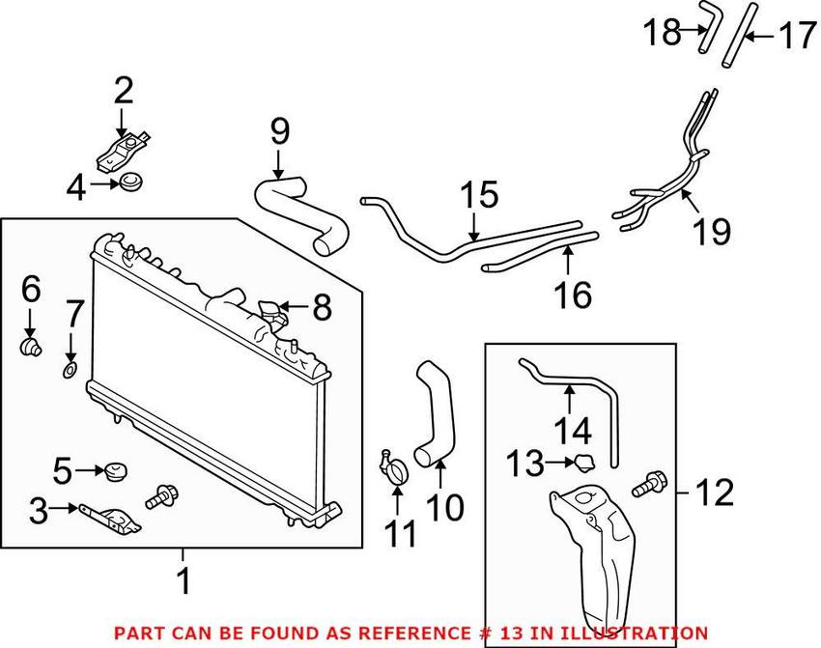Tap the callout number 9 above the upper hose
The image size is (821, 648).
[x=279, y=130]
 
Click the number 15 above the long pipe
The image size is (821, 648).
[x=478, y=196]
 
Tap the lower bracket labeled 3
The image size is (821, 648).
[x=111, y=517]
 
